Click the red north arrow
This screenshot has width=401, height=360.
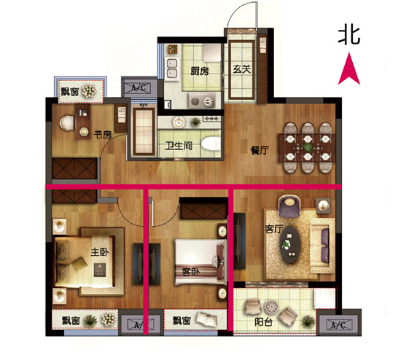349,69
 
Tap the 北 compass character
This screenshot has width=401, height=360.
349,36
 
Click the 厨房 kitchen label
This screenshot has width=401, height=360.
200,71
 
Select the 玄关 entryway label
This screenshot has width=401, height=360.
241,69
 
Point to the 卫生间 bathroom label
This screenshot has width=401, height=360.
179,146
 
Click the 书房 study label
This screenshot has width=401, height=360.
103,135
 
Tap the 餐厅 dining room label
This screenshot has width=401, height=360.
260,151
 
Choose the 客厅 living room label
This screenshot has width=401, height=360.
273,229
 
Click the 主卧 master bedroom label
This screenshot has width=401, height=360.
100,252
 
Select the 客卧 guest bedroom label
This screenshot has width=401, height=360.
191,273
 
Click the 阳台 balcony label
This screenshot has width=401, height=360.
263,323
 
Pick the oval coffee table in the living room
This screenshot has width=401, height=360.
289,245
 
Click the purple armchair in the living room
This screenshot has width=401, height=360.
289,206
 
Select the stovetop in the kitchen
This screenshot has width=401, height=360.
202,101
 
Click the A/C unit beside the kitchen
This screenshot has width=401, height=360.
139,87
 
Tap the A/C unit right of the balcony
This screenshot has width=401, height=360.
339,322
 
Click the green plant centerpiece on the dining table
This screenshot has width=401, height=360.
307,147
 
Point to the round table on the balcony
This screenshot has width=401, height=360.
270,306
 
